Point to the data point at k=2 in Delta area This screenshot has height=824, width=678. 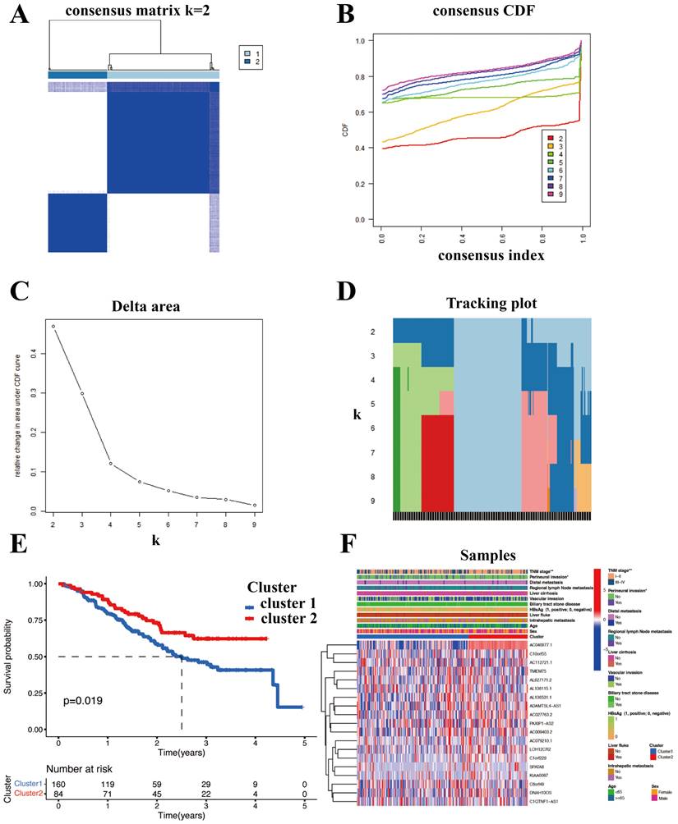point(54,327)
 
